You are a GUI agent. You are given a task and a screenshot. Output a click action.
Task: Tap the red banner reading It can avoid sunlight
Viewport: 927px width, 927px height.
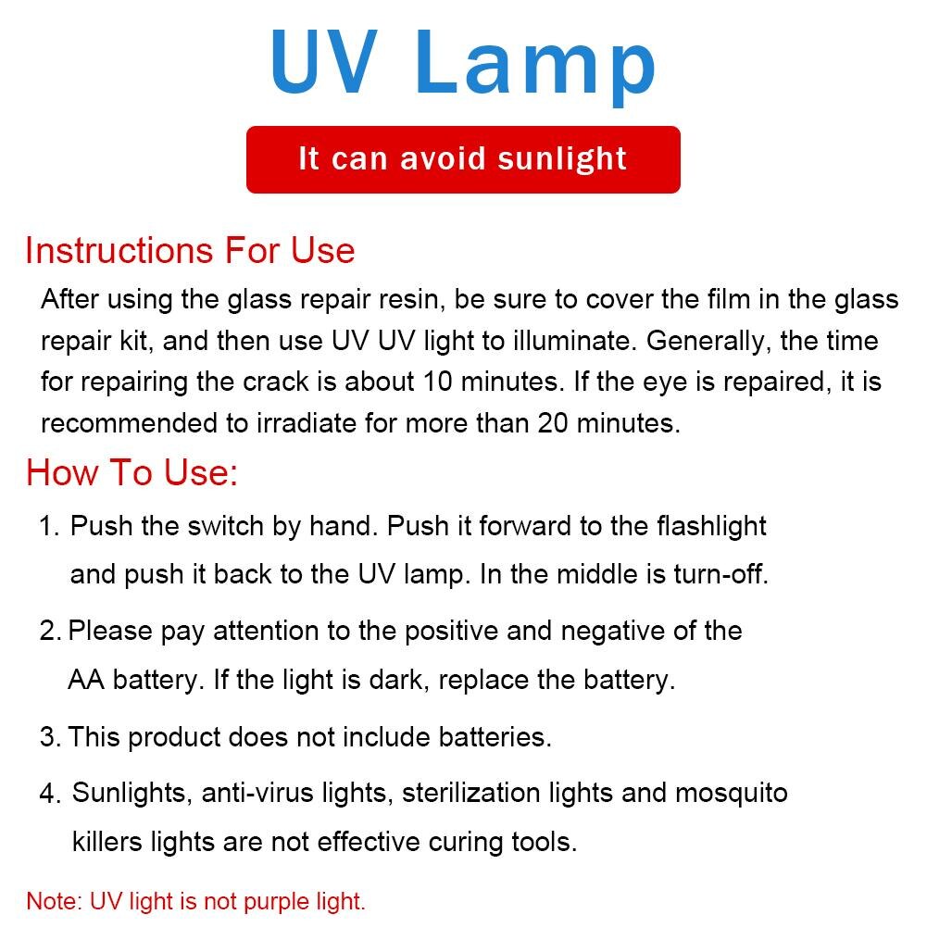pos(463,159)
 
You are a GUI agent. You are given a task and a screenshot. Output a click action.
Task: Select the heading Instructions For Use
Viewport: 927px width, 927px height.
pos(190,251)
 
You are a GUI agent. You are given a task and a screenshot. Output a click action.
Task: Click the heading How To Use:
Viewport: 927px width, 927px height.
pos(132,472)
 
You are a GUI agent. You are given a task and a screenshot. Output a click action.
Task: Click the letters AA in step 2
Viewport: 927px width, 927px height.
pos(84,681)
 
